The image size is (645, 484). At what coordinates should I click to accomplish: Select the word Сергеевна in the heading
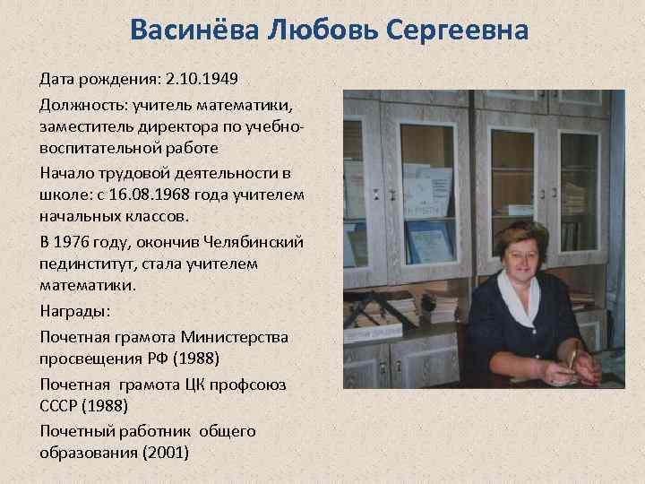pyautogui.click(x=458, y=32)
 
